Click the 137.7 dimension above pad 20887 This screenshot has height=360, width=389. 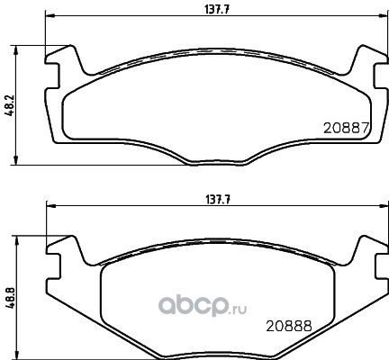pyautogui.click(x=217, y=10)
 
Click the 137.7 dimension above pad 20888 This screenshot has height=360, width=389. pyautogui.click(x=218, y=200)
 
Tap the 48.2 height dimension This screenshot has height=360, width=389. pyautogui.click(x=10, y=106)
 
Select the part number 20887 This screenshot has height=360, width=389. pyautogui.click(x=346, y=129)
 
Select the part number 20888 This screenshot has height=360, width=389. pyautogui.click(x=289, y=326)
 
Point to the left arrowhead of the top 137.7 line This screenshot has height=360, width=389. pyautogui.click(x=50, y=16)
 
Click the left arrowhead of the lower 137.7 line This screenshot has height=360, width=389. pyautogui.click(x=51, y=206)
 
